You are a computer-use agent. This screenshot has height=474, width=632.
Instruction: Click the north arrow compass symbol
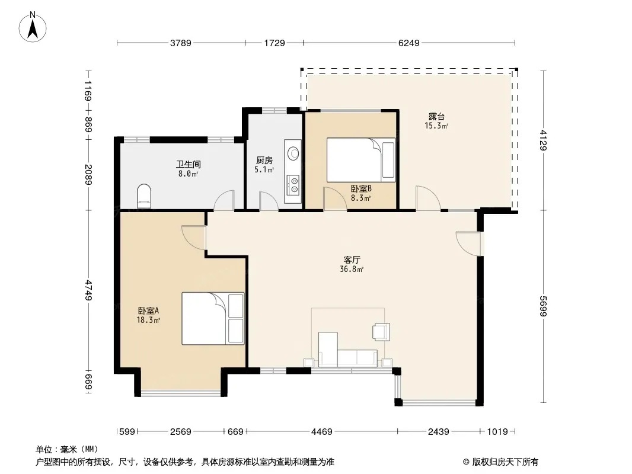33,27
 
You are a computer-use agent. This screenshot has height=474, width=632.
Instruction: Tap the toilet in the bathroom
144,196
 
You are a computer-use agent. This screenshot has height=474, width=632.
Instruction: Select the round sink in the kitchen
293,153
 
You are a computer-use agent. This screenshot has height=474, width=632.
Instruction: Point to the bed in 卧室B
360,160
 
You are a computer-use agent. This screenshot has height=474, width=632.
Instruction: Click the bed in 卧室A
213,318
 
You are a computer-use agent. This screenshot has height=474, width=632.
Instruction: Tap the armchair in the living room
381,332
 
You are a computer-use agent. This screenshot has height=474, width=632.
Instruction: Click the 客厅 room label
352,260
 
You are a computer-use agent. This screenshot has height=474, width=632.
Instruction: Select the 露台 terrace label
436,117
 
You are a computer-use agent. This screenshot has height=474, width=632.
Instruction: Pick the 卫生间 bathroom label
188,164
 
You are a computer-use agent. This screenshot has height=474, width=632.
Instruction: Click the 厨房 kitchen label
264,161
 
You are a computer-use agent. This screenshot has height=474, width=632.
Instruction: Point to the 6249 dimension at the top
408,43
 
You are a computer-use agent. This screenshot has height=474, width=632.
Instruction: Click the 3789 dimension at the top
180,43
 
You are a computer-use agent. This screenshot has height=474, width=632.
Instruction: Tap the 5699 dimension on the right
543,306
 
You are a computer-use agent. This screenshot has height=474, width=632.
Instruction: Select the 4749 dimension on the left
89,290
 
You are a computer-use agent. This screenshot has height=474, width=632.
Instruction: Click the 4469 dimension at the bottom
322,432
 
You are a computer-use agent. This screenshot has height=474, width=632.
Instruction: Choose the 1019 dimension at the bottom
497,432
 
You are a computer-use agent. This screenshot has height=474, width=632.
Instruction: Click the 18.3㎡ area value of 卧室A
148,320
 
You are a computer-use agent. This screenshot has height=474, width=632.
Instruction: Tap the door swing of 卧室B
335,199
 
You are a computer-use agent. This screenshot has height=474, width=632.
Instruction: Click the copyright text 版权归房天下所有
505,462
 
